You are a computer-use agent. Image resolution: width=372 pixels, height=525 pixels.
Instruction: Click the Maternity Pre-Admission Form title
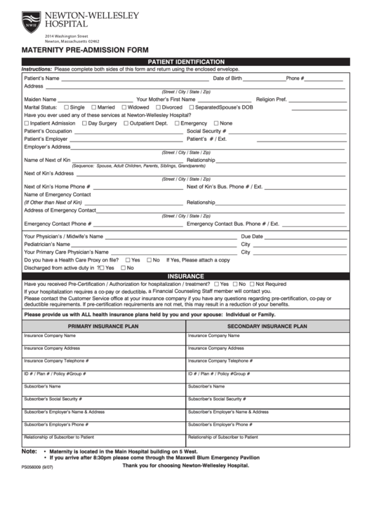pos(85,50)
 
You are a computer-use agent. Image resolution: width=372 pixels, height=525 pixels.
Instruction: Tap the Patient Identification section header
pos(185,62)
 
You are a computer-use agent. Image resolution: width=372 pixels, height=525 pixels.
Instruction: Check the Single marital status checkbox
pos(66,107)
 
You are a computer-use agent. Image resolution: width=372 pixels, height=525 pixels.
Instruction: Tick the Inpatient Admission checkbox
pos(27,123)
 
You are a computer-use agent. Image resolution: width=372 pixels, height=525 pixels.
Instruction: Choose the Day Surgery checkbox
pos(84,123)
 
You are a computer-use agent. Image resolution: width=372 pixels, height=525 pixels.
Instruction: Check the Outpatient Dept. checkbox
pos(126,123)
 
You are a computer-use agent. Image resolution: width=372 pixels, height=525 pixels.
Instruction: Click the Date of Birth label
pos(227,79)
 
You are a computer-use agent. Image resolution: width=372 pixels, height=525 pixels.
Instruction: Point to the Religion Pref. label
pos(271,100)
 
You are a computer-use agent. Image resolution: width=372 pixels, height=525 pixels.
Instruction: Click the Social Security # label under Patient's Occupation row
pos(206,131)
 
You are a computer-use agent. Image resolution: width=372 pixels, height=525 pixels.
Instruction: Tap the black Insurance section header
pos(185,276)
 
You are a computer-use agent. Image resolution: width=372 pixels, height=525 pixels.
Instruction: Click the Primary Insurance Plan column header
pos(103,326)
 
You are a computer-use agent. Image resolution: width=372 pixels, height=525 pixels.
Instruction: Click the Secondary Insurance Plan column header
pos(267,326)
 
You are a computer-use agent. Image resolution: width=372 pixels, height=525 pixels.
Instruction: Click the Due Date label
pos(252,236)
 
